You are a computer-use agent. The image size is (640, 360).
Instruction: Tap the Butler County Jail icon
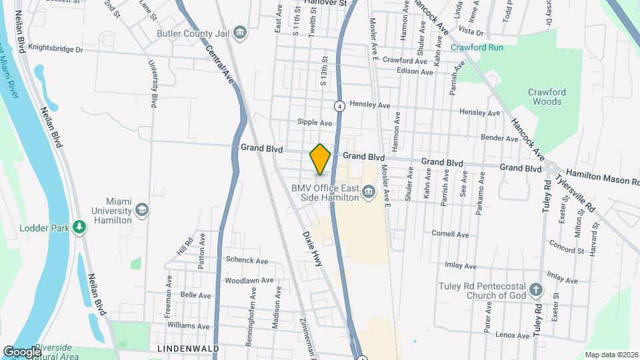[240, 33]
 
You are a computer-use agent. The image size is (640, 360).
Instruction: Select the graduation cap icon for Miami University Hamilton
[141, 211]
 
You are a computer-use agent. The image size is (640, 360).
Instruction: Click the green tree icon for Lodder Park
[80, 228]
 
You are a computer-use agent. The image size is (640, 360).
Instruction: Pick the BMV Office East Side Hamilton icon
[367, 194]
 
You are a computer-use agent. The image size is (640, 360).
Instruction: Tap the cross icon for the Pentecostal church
[537, 291]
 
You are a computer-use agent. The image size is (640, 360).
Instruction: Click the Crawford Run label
[476, 47]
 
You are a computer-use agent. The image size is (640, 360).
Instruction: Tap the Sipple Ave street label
[315, 123]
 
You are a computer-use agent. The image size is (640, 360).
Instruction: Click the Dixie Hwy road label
[312, 249]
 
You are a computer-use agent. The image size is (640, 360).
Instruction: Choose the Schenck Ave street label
[247, 260]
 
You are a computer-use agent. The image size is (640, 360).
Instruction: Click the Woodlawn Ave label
[249, 281]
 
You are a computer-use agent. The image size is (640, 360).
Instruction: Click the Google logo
[22, 351]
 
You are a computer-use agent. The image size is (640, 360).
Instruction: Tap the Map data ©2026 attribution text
[611, 355]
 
